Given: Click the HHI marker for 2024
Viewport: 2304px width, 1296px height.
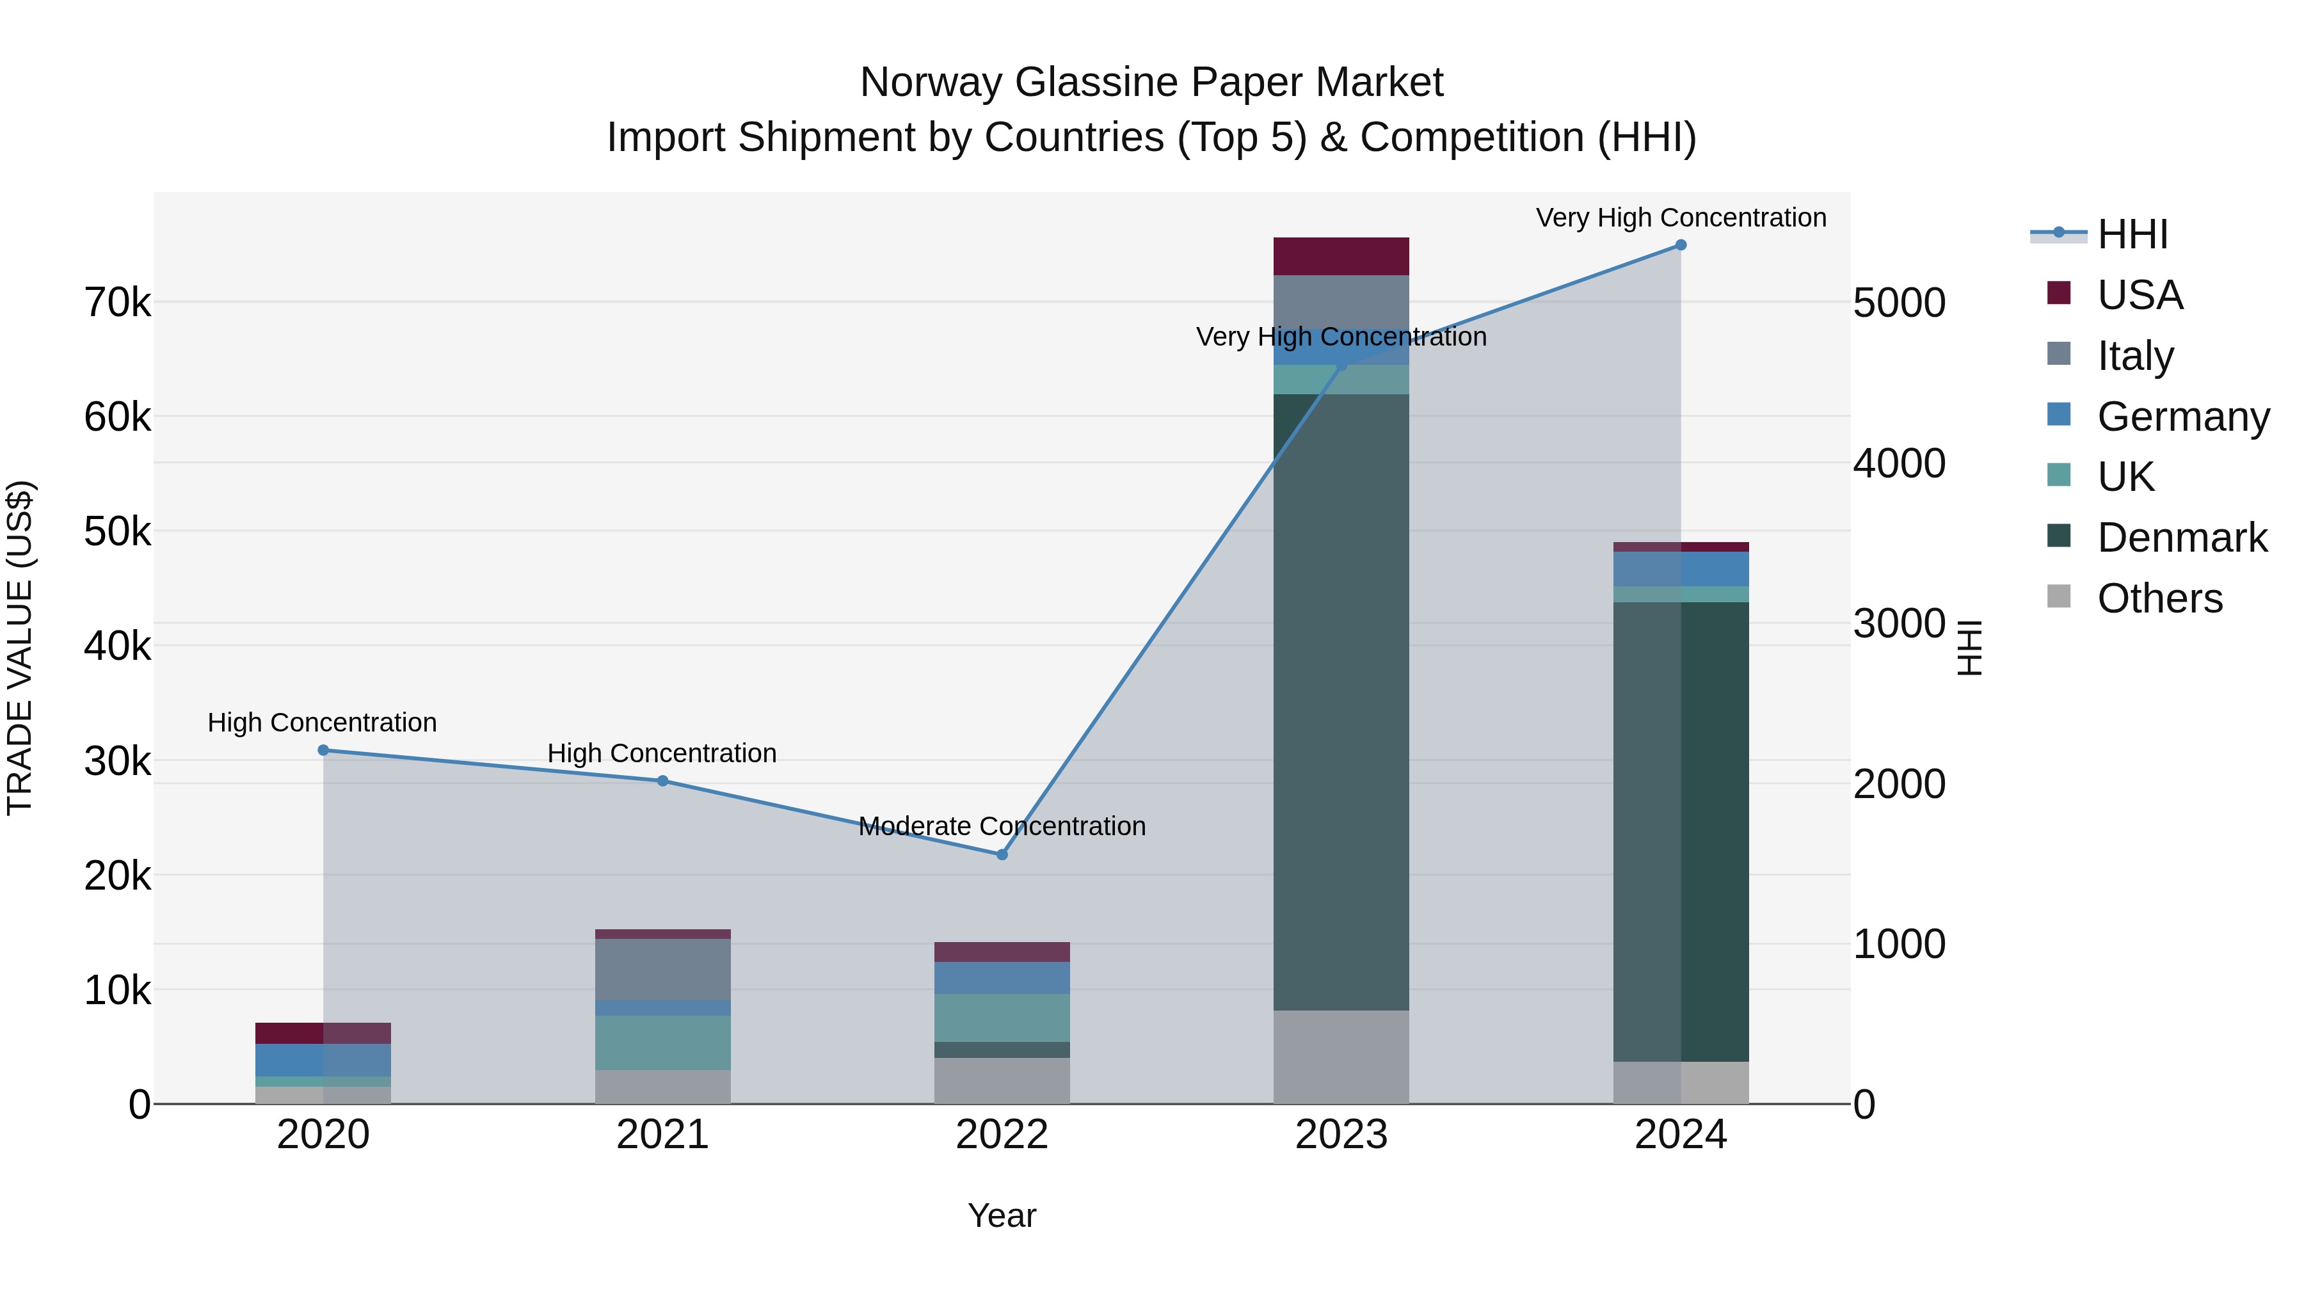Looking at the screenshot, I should (1681, 245).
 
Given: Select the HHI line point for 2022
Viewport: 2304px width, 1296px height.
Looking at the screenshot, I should (1002, 855).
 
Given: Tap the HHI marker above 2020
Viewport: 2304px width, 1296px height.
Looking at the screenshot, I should (324, 751).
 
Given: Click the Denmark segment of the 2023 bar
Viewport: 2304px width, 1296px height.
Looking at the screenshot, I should (1341, 702).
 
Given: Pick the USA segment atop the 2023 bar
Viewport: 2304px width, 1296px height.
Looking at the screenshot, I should (1341, 257).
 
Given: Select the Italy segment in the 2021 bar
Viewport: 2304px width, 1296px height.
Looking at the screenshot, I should (663, 970).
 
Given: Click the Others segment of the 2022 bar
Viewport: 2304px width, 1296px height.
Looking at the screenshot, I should (1002, 1080).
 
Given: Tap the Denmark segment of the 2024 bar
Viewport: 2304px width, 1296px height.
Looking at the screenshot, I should (1681, 832).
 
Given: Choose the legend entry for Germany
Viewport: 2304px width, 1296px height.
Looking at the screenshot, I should (2182, 417).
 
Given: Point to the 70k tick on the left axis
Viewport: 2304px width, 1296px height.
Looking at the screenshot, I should (117, 303).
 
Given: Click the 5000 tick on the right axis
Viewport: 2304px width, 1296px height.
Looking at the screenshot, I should (1899, 303).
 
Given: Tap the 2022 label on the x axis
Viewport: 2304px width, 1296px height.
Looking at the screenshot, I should (1002, 1135).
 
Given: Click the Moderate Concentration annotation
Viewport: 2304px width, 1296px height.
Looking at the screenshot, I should (1002, 826).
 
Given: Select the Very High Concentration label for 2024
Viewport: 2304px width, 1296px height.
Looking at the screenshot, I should (1681, 218).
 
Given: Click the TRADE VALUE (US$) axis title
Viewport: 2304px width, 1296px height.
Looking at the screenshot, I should (20, 648).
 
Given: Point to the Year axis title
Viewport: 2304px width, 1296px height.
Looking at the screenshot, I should (1002, 1215).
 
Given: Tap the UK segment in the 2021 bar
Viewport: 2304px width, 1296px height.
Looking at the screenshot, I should (663, 1043).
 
